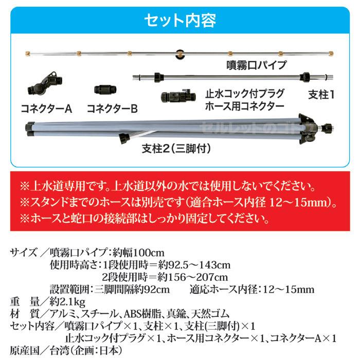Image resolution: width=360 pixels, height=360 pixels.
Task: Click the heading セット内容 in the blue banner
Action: point(179,20)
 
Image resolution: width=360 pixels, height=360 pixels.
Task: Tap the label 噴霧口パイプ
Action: point(257,65)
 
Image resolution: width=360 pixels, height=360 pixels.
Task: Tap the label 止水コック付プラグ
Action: point(244,94)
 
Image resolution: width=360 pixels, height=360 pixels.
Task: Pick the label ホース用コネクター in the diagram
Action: point(244,106)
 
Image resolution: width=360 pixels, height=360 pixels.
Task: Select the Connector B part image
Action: point(105,88)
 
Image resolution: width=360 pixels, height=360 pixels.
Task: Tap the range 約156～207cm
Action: point(183,277)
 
